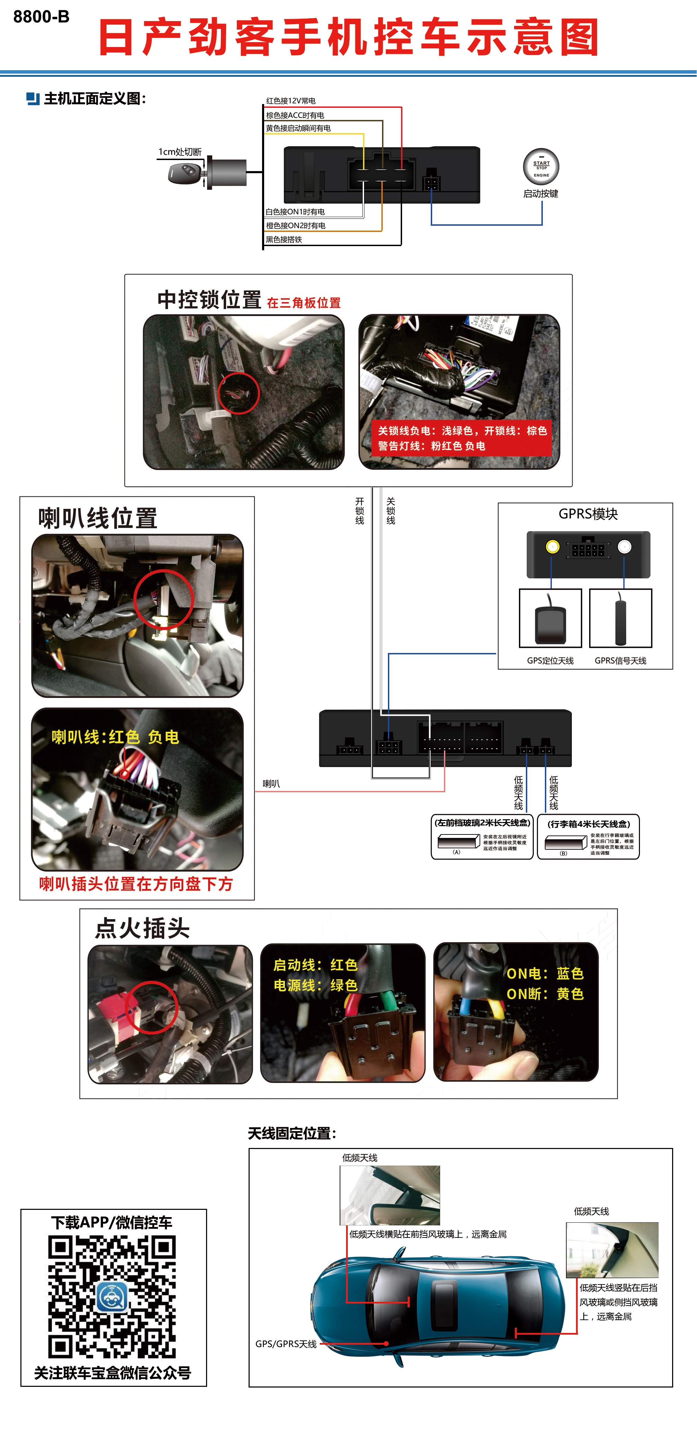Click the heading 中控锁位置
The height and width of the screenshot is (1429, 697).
click(209, 300)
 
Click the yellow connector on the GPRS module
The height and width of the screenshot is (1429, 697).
click(552, 547)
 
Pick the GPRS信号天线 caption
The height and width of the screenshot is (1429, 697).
click(620, 661)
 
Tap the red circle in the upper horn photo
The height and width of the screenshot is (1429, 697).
click(164, 599)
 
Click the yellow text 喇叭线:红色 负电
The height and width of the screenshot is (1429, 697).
click(115, 737)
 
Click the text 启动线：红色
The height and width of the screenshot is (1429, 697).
click(315, 965)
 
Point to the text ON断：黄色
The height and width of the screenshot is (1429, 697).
click(545, 994)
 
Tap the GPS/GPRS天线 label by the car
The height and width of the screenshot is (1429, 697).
click(286, 1344)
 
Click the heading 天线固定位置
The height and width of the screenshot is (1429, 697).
click(292, 1134)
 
